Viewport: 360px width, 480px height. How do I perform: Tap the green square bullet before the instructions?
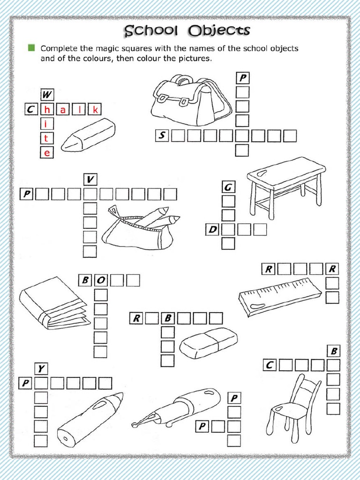pos(31,48)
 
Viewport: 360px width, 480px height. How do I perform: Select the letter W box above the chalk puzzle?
pos(47,95)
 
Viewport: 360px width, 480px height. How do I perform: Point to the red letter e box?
pos(47,152)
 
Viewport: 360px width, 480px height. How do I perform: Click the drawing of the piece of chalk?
pos(89,134)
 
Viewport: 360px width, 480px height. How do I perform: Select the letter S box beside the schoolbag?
pos(162,136)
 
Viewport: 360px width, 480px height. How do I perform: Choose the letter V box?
pos(90,179)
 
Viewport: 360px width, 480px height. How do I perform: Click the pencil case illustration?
pos(141,228)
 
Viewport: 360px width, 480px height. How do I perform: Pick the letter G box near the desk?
pos(228,187)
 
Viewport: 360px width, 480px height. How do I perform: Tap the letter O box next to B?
pos(101,281)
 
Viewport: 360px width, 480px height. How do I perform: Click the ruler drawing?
pos(280,296)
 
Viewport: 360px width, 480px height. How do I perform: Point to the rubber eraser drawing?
pos(209,342)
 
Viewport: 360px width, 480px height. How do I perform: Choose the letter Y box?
pos(41,369)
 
